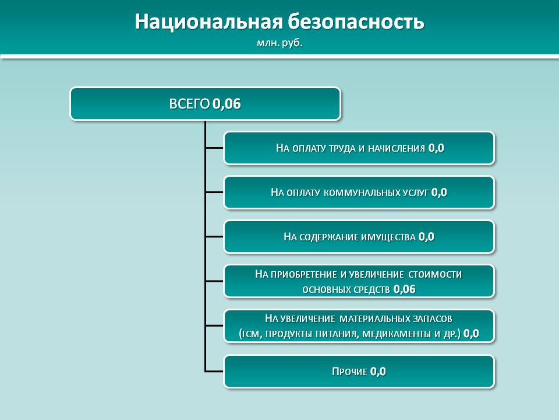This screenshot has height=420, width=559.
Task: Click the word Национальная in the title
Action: pyautogui.click(x=209, y=22)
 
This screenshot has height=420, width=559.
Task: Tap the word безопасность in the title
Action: pyautogui.click(x=356, y=22)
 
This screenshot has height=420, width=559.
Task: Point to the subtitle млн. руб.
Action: pyautogui.click(x=279, y=43)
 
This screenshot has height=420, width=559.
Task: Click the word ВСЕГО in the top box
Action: pyautogui.click(x=189, y=104)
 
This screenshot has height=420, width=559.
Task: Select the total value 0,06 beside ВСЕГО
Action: pyautogui.click(x=227, y=104)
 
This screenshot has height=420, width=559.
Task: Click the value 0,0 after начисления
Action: pyautogui.click(x=436, y=148)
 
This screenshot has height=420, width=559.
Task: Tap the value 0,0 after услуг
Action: pyautogui.click(x=439, y=192)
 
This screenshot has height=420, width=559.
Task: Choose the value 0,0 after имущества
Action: pyautogui.click(x=426, y=237)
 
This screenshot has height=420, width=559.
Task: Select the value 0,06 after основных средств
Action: pyautogui.click(x=404, y=289)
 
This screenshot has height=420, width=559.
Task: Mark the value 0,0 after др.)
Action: pyautogui.click(x=471, y=334)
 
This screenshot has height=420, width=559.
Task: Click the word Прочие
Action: pyautogui.click(x=349, y=372)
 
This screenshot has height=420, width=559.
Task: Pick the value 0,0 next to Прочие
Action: pyautogui.click(x=378, y=372)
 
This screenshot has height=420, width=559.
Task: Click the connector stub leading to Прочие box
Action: pyautogui.click(x=214, y=372)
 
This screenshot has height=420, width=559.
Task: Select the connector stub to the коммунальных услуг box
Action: pyautogui.click(x=214, y=192)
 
